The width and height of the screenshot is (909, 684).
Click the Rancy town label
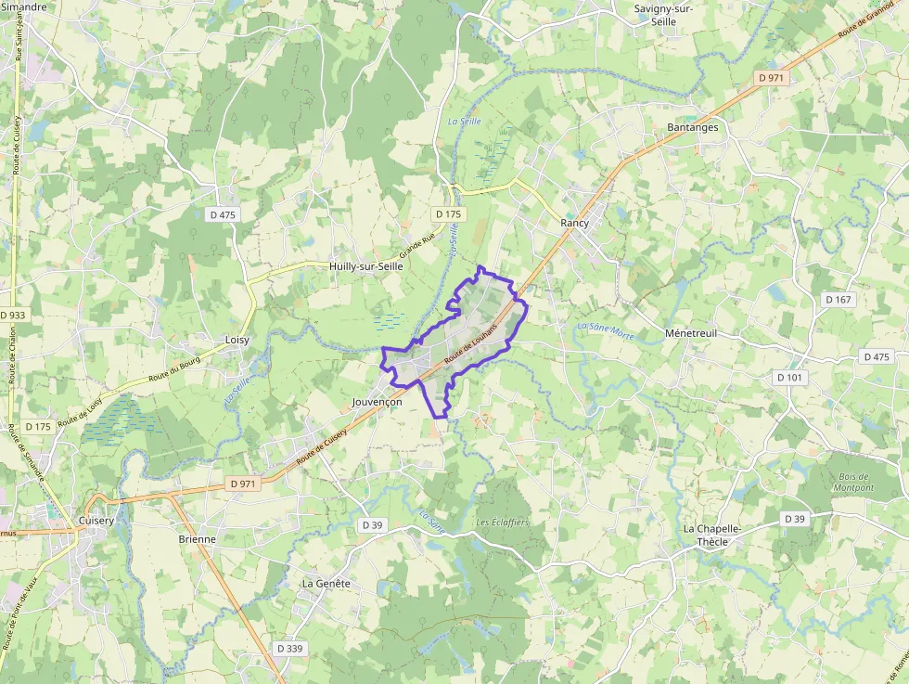[575, 223]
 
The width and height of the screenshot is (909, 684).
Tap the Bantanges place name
[693, 127]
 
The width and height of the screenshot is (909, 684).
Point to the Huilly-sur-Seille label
[366, 265]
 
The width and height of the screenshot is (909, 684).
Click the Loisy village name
[237, 340]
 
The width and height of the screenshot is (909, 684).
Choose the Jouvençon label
[378, 403]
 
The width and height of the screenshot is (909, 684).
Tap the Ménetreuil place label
[691, 332]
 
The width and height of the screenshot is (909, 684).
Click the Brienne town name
[197, 538]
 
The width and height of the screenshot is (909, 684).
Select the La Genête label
[326, 583]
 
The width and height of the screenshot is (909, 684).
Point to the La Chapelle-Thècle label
[712, 535]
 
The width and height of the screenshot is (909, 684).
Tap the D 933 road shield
[13, 315]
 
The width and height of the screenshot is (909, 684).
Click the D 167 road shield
[838, 299]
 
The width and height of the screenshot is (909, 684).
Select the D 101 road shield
[789, 377]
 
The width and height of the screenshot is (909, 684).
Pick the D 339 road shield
[289, 648]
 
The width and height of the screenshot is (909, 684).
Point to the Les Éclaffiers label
[503, 523]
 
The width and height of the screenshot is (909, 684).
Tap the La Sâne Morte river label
[606, 329]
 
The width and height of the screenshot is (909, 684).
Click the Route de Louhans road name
[471, 345]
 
